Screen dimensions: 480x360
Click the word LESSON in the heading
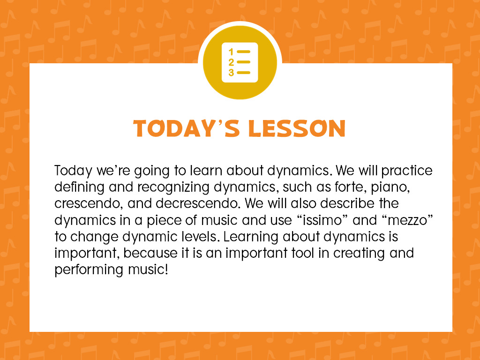pos(297,128)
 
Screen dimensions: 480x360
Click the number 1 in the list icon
pos(231,52)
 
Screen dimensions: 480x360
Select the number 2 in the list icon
pos(231,62)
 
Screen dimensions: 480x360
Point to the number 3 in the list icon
pos(231,73)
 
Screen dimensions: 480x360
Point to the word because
pos(150,253)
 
